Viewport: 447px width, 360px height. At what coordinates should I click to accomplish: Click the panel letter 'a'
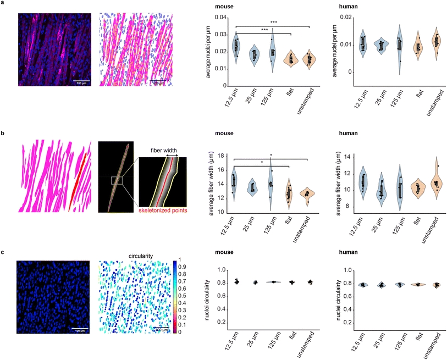pyautogui.click(x=3, y=4)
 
